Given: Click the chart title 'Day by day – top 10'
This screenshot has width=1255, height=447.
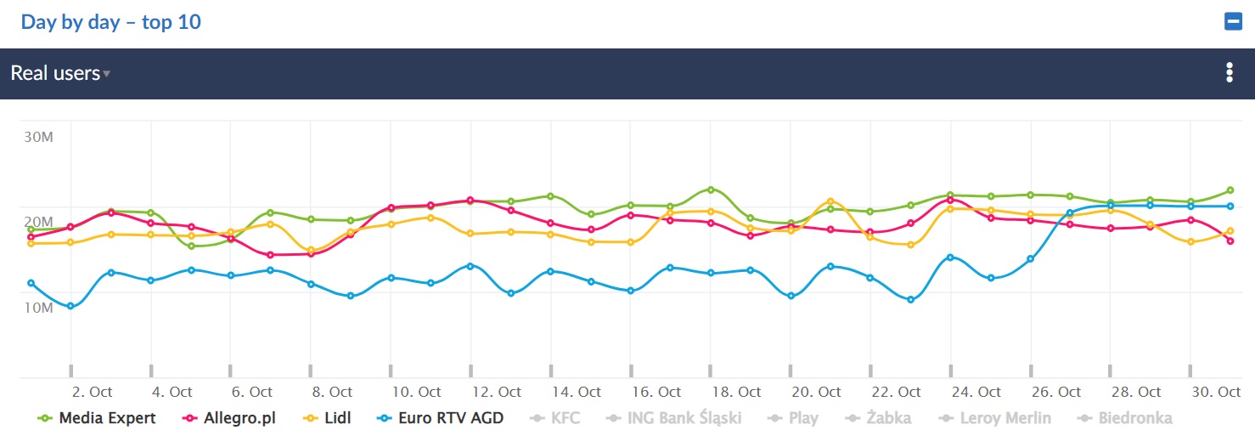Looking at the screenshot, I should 111,22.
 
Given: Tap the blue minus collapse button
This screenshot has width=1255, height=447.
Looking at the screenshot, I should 1233,22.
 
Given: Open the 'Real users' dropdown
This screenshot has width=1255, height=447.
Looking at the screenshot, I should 60,74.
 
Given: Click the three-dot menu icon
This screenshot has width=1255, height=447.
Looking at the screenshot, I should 1229,73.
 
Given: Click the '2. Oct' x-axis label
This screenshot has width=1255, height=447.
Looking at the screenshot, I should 92,392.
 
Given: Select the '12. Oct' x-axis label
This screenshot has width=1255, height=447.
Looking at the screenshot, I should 497,392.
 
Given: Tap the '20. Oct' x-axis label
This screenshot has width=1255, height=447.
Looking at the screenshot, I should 816,392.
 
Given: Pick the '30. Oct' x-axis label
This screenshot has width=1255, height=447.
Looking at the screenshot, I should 1216,392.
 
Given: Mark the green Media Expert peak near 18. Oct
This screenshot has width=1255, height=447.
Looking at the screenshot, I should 712,190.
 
